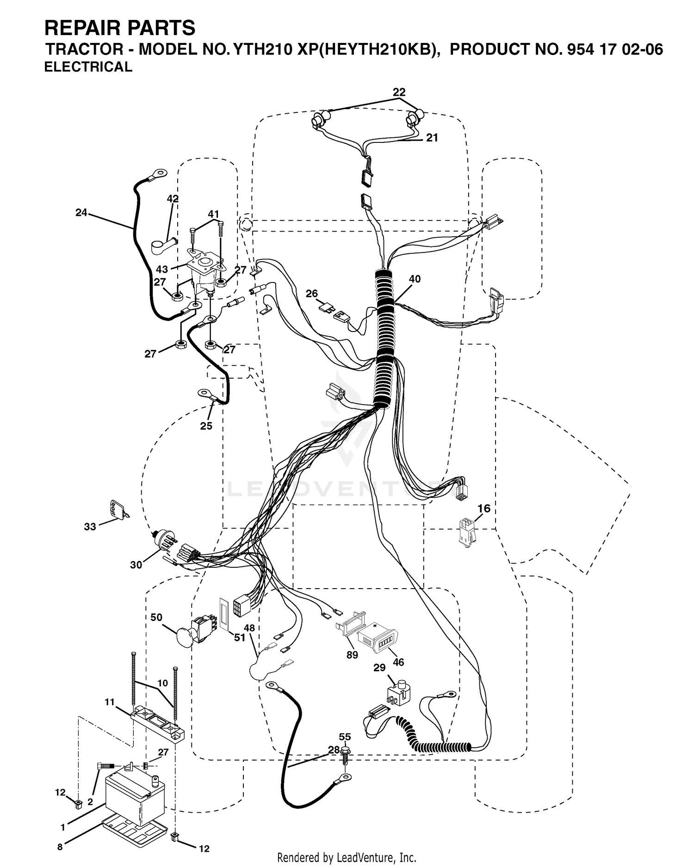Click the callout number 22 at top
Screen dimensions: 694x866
[x=399, y=92]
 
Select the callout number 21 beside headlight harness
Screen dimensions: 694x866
[x=432, y=138]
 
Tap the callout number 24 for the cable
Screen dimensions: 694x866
[x=81, y=213]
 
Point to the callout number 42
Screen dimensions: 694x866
[x=173, y=199]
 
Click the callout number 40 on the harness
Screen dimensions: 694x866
[x=415, y=279]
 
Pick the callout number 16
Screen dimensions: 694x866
[x=483, y=509]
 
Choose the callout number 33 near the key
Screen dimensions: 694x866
[x=90, y=526]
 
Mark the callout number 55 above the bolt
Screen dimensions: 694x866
[x=345, y=737]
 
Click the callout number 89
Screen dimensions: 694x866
[x=352, y=655]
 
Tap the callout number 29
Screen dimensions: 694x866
[x=379, y=668]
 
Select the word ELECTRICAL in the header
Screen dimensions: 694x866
[x=88, y=67]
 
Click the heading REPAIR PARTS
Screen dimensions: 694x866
[x=120, y=28]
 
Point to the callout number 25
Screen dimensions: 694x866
[x=206, y=425]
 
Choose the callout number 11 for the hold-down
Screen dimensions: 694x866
[x=109, y=702]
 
